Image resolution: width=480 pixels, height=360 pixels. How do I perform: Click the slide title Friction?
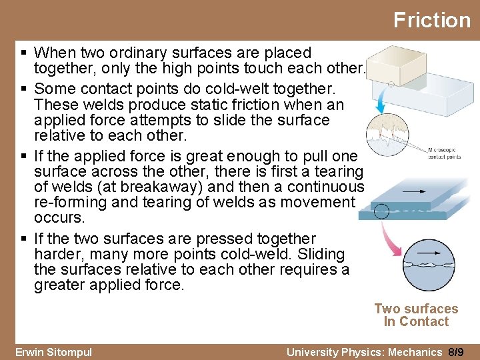(x=431, y=20)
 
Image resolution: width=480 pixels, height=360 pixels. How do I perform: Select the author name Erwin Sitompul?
(x=53, y=352)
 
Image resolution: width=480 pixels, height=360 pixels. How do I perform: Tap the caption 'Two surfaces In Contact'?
(x=416, y=315)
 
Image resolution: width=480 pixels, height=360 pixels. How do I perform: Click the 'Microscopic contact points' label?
(x=445, y=154)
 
